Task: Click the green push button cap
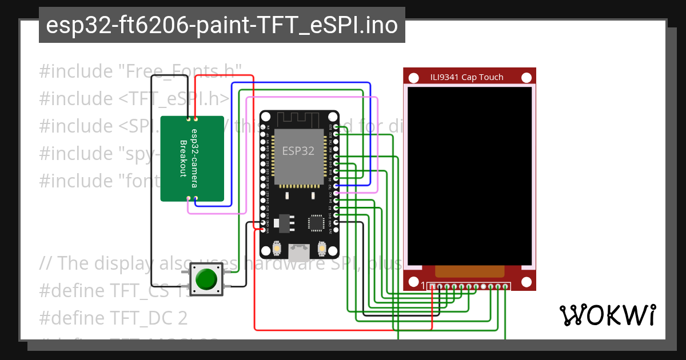click(206, 279)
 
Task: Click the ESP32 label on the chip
click(298, 151)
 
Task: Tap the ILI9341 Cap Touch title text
click(466, 77)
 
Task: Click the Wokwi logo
click(607, 315)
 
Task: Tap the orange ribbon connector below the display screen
click(470, 272)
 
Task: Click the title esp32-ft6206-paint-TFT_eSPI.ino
click(222, 25)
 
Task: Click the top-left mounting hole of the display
click(413, 77)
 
